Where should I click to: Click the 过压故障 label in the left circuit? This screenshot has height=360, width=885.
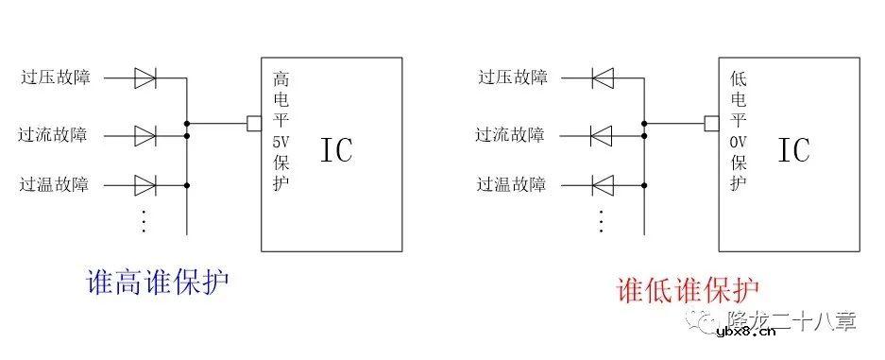[56, 77]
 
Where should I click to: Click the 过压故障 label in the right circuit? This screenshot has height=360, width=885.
[513, 77]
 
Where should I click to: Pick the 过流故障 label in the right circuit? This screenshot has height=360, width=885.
[510, 135]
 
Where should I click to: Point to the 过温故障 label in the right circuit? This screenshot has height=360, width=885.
[512, 183]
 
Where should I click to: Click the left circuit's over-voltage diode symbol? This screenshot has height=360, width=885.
[145, 77]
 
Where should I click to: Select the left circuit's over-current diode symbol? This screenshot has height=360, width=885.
[145, 135]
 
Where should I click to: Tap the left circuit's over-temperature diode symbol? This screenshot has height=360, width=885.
[145, 183]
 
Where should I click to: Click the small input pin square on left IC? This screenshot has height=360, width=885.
[253, 122]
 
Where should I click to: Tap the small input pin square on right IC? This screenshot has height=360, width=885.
[711, 122]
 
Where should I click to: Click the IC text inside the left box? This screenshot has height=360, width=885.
[336, 150]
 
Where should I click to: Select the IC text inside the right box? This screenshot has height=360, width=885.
[793, 150]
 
